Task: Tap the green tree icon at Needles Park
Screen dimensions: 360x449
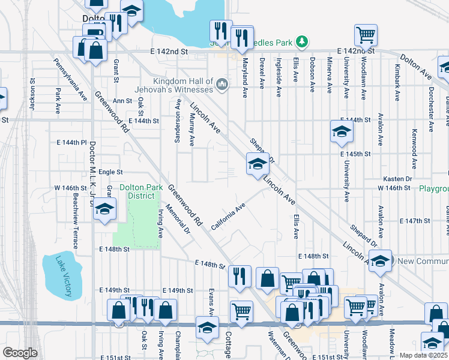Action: click(x=304, y=41)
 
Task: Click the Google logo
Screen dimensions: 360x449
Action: click(x=20, y=353)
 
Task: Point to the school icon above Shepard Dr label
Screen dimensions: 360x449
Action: click(x=341, y=131)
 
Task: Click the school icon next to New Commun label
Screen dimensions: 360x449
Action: click(x=379, y=260)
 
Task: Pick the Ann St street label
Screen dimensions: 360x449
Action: click(x=122, y=101)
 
